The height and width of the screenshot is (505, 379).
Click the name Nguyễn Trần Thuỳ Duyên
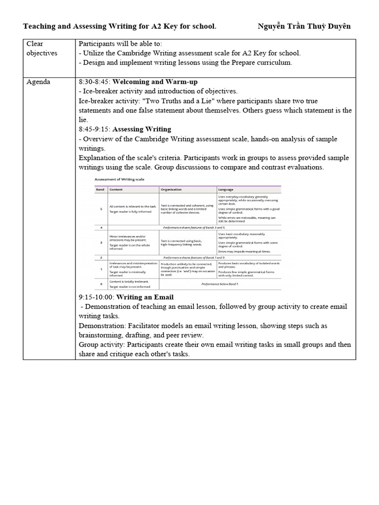tap(304, 26)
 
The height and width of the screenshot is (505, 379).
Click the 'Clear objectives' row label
tap(41, 48)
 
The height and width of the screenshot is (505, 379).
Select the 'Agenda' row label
tap(38, 81)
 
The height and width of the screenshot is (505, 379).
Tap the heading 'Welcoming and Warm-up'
tap(155, 81)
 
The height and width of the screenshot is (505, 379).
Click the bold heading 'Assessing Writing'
tap(142, 129)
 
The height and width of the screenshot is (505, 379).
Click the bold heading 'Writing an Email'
tap(145, 297)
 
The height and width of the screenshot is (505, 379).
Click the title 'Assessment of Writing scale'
tap(119, 180)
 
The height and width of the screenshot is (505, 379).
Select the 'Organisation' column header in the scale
tap(171, 189)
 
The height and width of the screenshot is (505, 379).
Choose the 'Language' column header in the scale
tap(226, 189)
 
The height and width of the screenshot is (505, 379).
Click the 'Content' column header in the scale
tap(116, 189)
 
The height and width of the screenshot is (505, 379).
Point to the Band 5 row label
tap(101, 209)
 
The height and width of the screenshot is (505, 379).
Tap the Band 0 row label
tap(101, 284)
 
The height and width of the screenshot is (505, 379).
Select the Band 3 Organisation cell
tap(182, 243)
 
